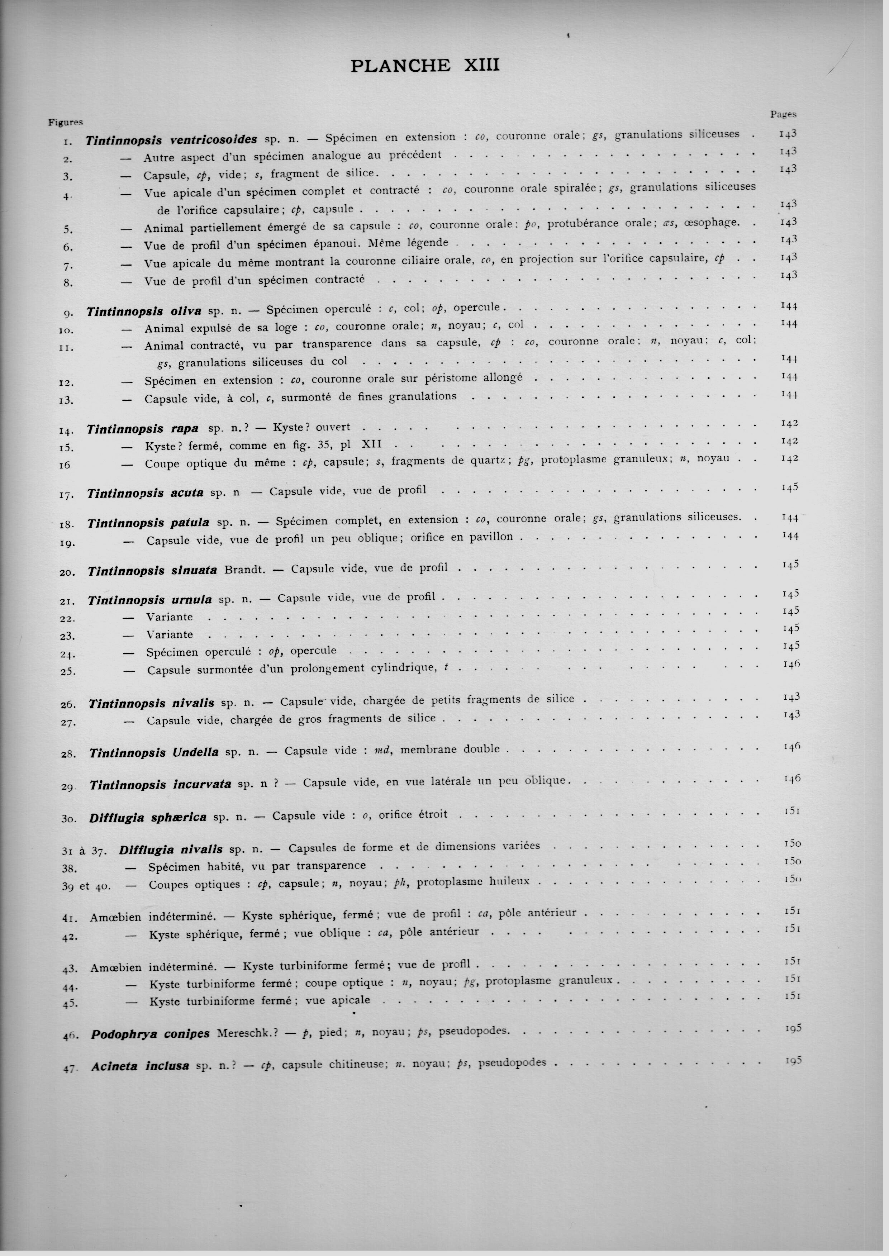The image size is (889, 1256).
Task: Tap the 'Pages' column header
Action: coord(783,114)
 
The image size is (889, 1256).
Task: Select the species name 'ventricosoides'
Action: coord(214,139)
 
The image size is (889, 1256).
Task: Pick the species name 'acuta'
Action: coord(187,493)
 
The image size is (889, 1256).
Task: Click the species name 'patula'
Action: coord(190,523)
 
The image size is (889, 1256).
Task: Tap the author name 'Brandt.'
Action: coord(245,570)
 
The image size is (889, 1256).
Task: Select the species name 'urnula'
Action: coord(191,600)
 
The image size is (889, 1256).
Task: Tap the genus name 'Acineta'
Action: coord(114,1066)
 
